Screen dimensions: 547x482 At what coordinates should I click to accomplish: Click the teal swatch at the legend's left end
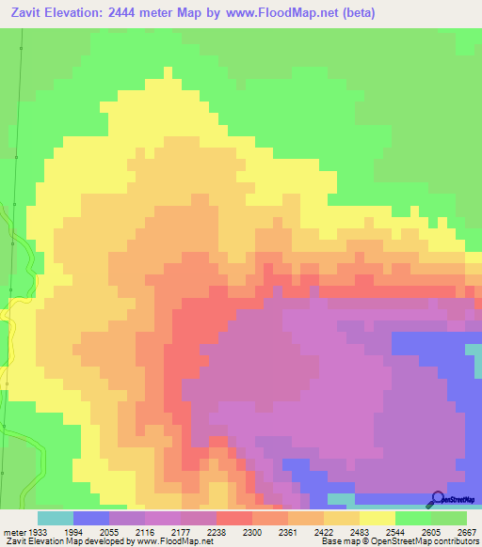tap(56, 518)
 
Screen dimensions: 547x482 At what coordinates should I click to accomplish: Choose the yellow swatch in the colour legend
tap(378, 518)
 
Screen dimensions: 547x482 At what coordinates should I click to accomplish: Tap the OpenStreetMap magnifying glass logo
tap(436, 499)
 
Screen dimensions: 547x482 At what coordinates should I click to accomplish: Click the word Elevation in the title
tap(78, 12)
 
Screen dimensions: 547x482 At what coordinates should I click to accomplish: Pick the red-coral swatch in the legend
tap(234, 518)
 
